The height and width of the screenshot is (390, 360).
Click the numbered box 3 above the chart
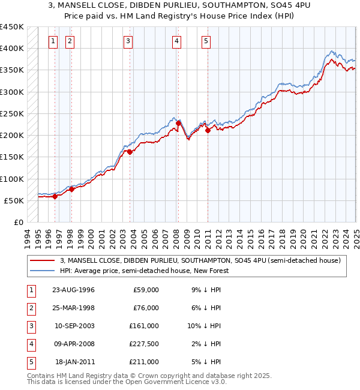128,41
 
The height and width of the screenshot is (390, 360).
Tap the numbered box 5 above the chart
206,41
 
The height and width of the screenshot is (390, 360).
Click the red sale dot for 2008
178,124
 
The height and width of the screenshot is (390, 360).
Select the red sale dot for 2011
208,130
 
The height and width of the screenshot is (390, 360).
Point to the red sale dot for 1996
55,196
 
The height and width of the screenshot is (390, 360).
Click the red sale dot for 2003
130,152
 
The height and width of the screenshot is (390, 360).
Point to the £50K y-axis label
13,200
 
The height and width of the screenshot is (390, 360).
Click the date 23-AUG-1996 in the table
74,290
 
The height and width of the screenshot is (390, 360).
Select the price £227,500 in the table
143,344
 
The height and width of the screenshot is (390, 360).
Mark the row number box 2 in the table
29,308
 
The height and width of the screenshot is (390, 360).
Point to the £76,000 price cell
146,308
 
